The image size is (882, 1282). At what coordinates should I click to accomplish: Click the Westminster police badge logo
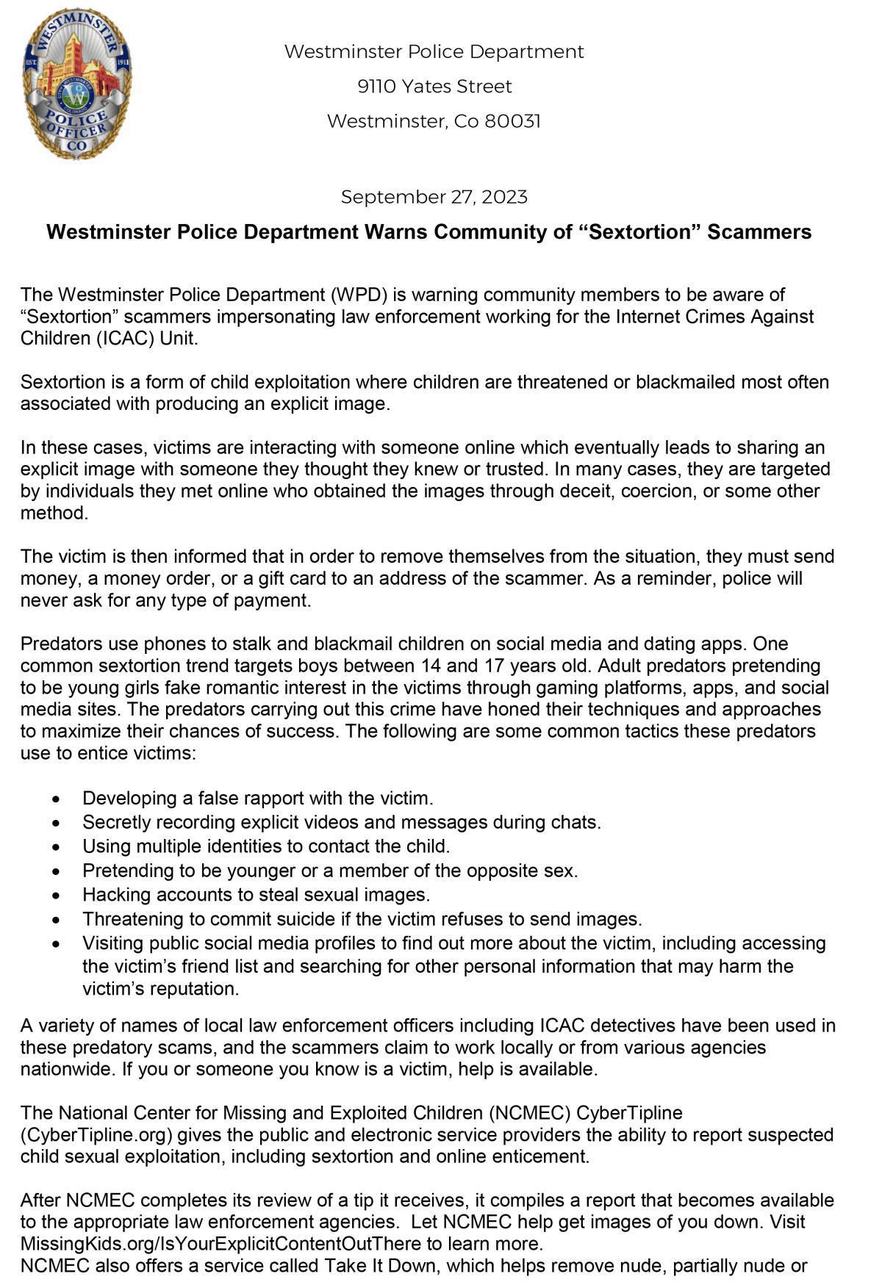pos(77,83)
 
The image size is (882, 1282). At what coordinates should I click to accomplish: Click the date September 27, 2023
pos(434,197)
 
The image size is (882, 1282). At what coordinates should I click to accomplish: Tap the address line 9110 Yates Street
pos(434,87)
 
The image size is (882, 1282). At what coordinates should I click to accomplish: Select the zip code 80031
pos(512,121)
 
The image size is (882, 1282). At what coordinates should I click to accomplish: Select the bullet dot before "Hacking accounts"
pos(57,896)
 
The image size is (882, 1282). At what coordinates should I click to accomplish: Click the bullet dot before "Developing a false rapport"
pos(57,799)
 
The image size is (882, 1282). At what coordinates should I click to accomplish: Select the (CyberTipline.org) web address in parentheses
pos(96,1134)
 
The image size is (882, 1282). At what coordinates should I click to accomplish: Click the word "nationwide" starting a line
pos(65,1069)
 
